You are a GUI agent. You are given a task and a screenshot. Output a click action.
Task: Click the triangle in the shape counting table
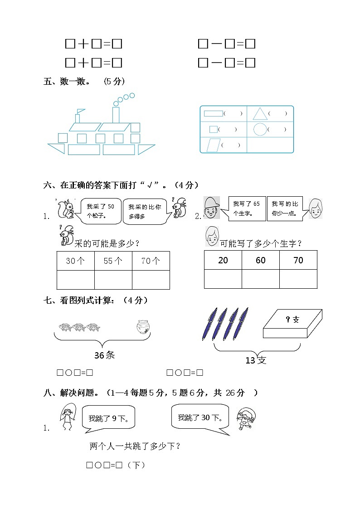pyautogui.click(x=259, y=114)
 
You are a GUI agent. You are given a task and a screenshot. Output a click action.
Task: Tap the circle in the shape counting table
pyautogui.click(x=260, y=130)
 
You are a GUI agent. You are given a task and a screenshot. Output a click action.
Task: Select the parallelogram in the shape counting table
pyautogui.click(x=212, y=145)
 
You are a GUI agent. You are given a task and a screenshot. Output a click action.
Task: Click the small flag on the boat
pyautogui.click(x=80, y=111)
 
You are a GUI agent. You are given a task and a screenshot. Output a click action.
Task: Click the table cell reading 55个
pyautogui.click(x=113, y=261)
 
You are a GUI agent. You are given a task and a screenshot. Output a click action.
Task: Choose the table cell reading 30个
pyautogui.click(x=76, y=261)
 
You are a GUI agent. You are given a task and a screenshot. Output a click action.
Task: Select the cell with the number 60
pyautogui.click(x=260, y=260)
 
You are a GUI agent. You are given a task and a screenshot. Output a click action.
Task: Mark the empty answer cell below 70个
pyautogui.click(x=151, y=280)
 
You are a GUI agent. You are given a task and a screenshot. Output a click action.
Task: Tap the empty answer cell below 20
pyautogui.click(x=223, y=279)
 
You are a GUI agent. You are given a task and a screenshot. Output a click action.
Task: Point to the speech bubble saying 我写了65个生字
pyautogui.click(x=246, y=208)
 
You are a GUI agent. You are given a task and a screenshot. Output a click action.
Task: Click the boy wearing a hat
pyautogui.click(x=212, y=208)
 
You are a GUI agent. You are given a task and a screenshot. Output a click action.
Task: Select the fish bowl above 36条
pyautogui.click(x=142, y=327)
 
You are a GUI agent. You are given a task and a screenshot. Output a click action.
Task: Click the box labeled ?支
pyautogui.click(x=292, y=324)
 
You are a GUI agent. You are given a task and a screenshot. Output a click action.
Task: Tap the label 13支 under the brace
pyautogui.click(x=256, y=360)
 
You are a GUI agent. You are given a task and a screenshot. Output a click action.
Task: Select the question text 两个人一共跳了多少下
pyautogui.click(x=136, y=446)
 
